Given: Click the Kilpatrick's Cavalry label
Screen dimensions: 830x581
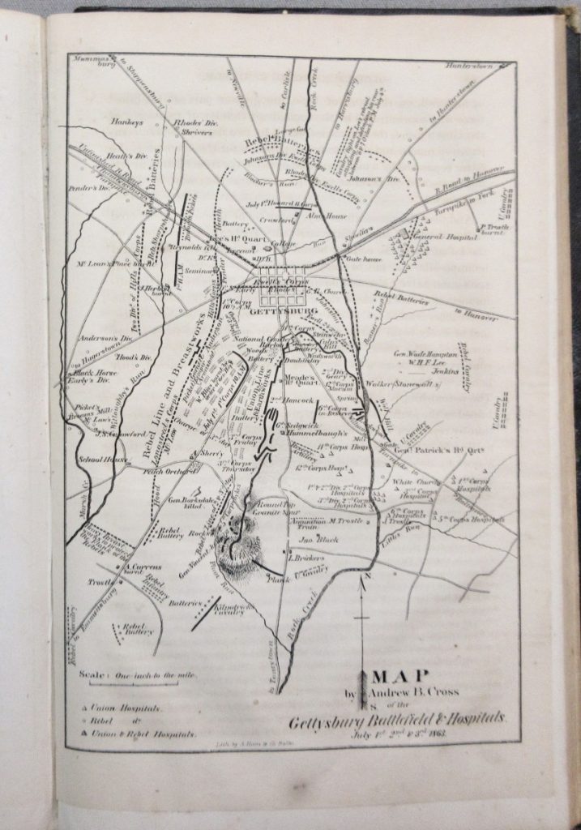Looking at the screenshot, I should pyautogui.click(x=235, y=608).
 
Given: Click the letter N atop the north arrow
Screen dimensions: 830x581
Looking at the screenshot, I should pyautogui.click(x=367, y=576).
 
